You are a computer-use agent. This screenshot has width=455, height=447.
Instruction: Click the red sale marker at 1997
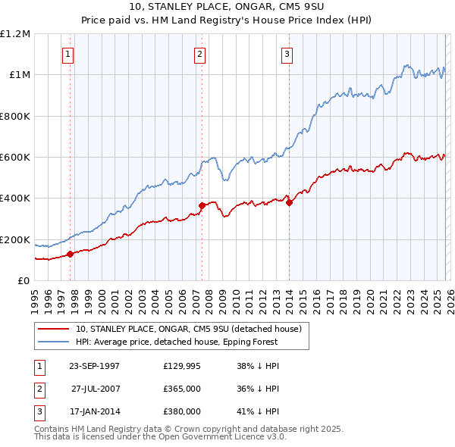pyautogui.click(x=71, y=254)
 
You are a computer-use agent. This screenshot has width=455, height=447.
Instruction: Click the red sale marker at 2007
pyautogui.click(x=202, y=205)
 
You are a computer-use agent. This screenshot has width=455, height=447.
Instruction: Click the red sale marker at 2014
pyautogui.click(x=289, y=202)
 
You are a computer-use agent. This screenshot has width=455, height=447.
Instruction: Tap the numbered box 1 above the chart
pyautogui.click(x=68, y=54)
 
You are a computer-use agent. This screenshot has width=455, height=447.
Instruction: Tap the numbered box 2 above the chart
pyautogui.click(x=199, y=54)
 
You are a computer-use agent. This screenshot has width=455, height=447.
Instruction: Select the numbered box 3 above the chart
pyautogui.click(x=287, y=54)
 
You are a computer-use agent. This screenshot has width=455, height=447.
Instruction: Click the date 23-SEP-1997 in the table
pyautogui.click(x=94, y=366)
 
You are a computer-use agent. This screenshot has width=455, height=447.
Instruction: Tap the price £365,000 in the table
pyautogui.click(x=182, y=389)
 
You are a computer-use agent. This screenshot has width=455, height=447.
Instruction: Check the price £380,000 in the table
pyautogui.click(x=182, y=411)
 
